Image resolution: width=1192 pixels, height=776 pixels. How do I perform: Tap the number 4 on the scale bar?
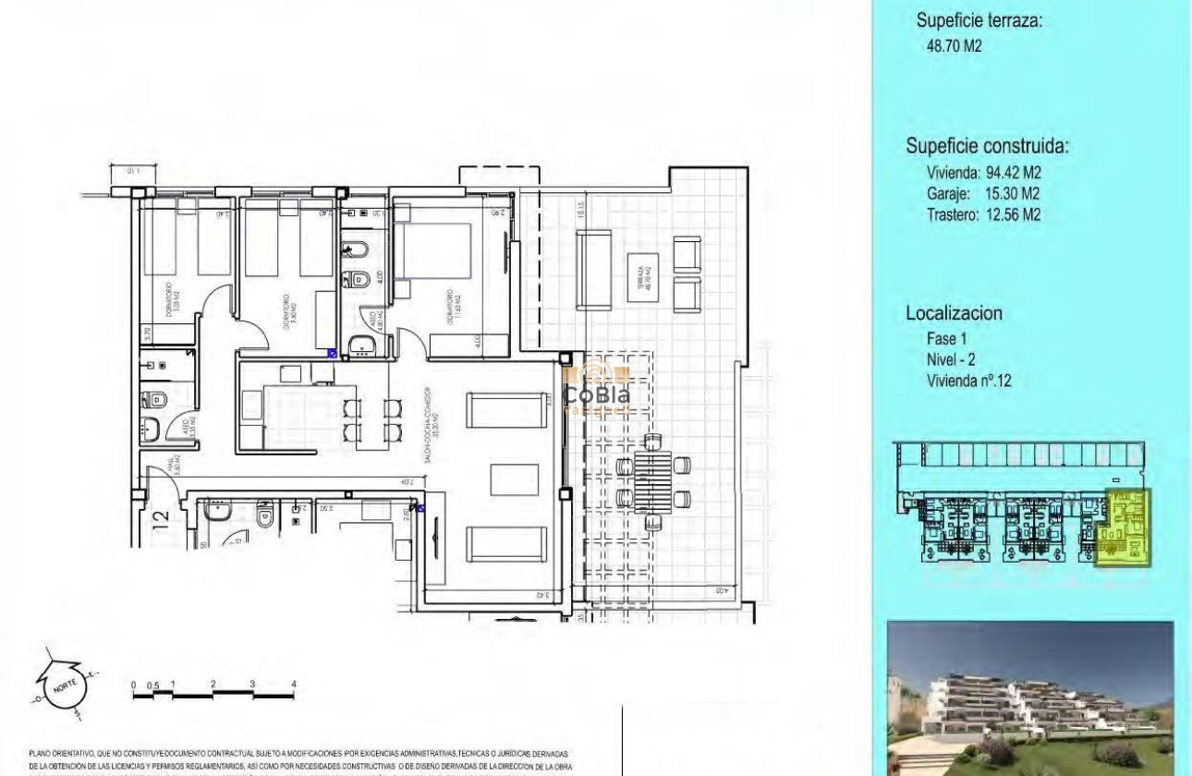[294, 685]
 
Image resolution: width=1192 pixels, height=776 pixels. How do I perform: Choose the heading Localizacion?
[953, 313]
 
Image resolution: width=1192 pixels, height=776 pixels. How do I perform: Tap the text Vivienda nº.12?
[968, 380]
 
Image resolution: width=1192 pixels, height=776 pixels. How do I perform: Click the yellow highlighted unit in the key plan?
[1126, 528]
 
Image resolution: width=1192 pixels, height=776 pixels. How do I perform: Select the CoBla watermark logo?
[597, 386]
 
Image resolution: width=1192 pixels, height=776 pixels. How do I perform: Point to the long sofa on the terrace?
[593, 269]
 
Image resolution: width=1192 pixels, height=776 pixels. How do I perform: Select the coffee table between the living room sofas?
[514, 478]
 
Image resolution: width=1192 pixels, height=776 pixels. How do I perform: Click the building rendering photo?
[1029, 697]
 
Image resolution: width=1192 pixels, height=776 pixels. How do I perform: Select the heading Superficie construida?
[987, 146]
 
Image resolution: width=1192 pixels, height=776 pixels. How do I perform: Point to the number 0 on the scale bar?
[133, 685]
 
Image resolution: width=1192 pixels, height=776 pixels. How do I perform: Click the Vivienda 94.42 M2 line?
[983, 172]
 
